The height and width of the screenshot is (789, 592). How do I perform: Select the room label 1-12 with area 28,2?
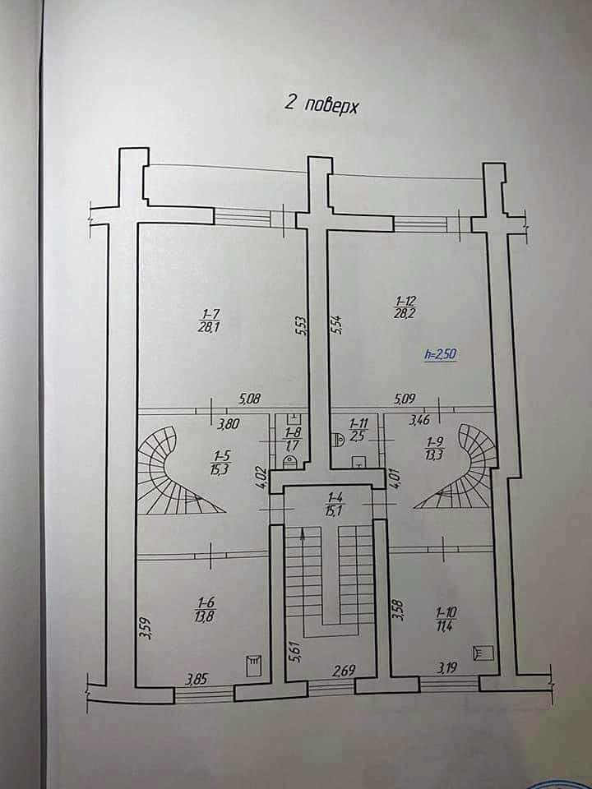point(405,307)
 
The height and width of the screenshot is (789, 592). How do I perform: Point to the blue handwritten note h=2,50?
point(440,354)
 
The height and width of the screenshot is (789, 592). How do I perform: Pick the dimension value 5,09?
point(405,399)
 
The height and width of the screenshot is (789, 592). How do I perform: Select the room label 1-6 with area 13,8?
point(206,609)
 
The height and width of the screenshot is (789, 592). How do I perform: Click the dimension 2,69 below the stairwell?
point(345,671)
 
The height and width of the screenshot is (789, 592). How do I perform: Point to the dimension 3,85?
point(196,680)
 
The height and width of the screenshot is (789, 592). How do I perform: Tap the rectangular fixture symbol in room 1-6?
point(254,666)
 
